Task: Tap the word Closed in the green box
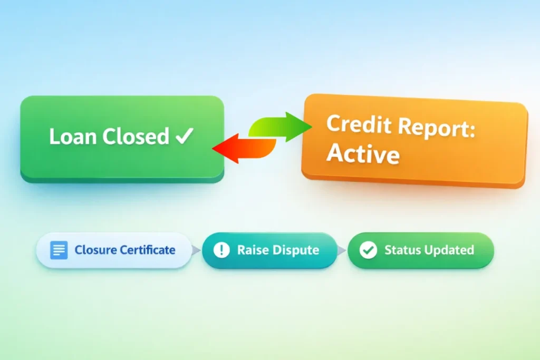136,137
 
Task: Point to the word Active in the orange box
362,153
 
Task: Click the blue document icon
59,250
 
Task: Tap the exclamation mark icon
221,250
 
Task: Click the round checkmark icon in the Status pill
368,250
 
